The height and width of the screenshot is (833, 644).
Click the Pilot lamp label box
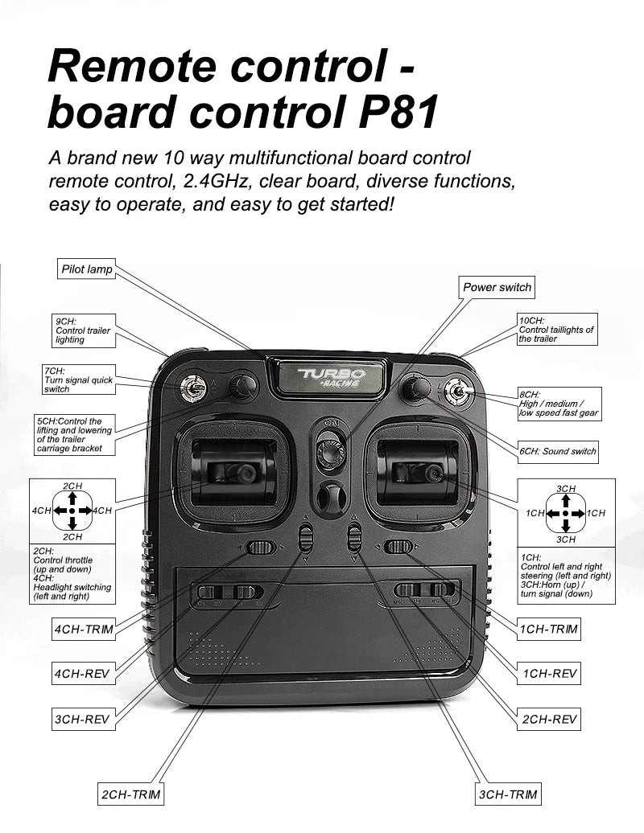[87, 269]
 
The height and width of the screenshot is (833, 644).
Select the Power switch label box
[497, 287]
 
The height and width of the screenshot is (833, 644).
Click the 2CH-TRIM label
[130, 794]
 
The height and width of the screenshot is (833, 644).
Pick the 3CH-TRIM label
[508, 794]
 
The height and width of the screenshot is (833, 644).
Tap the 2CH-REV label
[550, 719]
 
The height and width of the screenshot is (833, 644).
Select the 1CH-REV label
[550, 673]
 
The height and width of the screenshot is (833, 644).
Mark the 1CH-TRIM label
[550, 628]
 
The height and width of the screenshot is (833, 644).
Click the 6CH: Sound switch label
[558, 451]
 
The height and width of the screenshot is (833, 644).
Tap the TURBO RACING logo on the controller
[331, 376]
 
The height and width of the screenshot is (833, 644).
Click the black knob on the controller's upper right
[415, 388]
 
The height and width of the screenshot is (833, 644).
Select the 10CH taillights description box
[557, 329]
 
